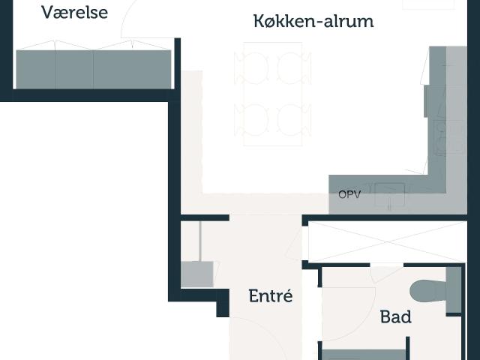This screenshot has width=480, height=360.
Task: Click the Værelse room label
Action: click(x=75, y=13)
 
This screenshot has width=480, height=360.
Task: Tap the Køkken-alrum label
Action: click(x=313, y=21)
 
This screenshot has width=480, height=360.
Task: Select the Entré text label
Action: click(x=271, y=295)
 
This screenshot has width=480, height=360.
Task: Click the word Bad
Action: click(x=395, y=316)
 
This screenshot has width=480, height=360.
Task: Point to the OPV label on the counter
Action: click(x=349, y=194)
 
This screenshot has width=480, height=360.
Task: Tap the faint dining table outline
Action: click(x=273, y=94)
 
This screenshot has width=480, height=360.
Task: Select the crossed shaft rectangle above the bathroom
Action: click(x=387, y=241)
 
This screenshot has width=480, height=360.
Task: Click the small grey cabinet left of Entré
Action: click(x=196, y=274)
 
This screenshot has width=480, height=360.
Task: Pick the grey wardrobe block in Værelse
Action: click(x=93, y=70)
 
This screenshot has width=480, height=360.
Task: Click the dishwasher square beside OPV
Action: click(x=390, y=195)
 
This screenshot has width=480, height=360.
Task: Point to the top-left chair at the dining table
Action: click(x=252, y=67)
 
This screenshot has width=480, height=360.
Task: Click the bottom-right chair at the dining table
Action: click(x=294, y=120)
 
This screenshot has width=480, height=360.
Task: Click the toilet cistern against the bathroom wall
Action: click(x=454, y=290)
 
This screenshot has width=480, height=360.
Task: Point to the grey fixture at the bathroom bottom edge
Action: click(x=364, y=355)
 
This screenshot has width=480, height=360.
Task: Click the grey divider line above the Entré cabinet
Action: click(x=200, y=241)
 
